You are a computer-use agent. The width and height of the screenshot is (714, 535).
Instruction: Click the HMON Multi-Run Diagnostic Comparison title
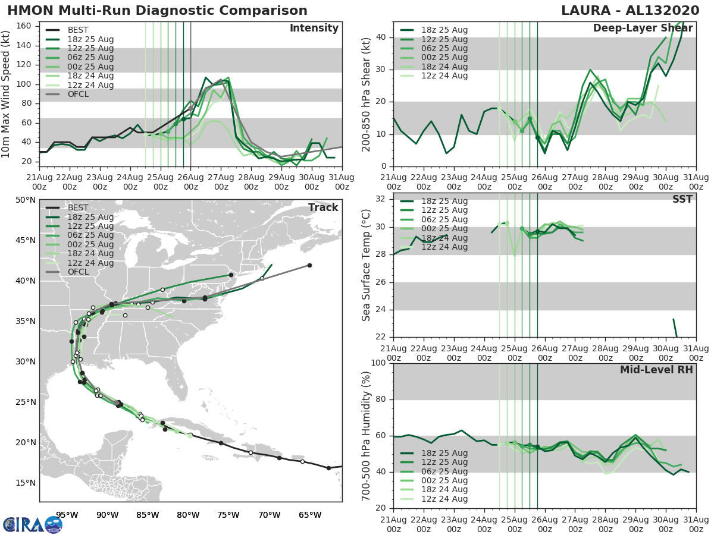point(157,11)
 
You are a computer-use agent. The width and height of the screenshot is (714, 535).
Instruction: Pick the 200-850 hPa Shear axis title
point(367,93)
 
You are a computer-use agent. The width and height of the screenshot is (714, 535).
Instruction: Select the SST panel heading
point(681,199)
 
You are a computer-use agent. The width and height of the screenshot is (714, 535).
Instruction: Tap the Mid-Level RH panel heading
point(656,370)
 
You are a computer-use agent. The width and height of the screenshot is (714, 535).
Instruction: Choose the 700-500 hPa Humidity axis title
point(367,436)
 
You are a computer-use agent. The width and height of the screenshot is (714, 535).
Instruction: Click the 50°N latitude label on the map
point(26,200)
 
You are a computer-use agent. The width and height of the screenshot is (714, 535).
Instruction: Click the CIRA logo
point(33,524)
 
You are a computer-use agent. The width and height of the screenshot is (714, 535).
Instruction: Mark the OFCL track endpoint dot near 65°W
point(309,265)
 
